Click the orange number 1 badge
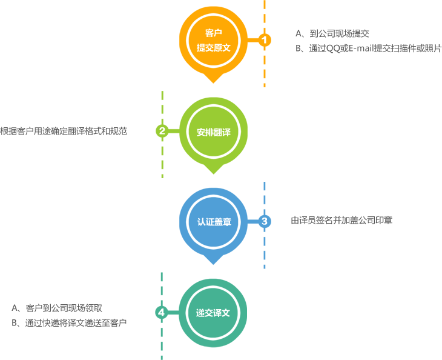pyautogui.click(x=264, y=40)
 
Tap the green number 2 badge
pyautogui.click(x=162, y=131)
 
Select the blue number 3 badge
pyautogui.click(x=264, y=221)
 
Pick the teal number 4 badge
pyautogui.click(x=161, y=312)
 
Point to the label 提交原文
pyautogui.click(x=214, y=47)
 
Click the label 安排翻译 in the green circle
pyautogui.click(x=214, y=132)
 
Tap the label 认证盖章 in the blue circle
pyautogui.click(x=214, y=222)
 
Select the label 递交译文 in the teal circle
pyautogui.click(x=214, y=313)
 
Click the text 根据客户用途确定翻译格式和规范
pyautogui.click(x=64, y=131)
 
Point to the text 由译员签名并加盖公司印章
pyautogui.click(x=341, y=221)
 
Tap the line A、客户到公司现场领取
pyautogui.click(x=61, y=308)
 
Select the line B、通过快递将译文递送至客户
pyautogui.click(x=68, y=323)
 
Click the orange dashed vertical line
pyautogui.click(x=265, y=67)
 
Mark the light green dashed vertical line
pyautogui.click(x=162, y=158)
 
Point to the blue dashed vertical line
pyautogui.click(x=265, y=248)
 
